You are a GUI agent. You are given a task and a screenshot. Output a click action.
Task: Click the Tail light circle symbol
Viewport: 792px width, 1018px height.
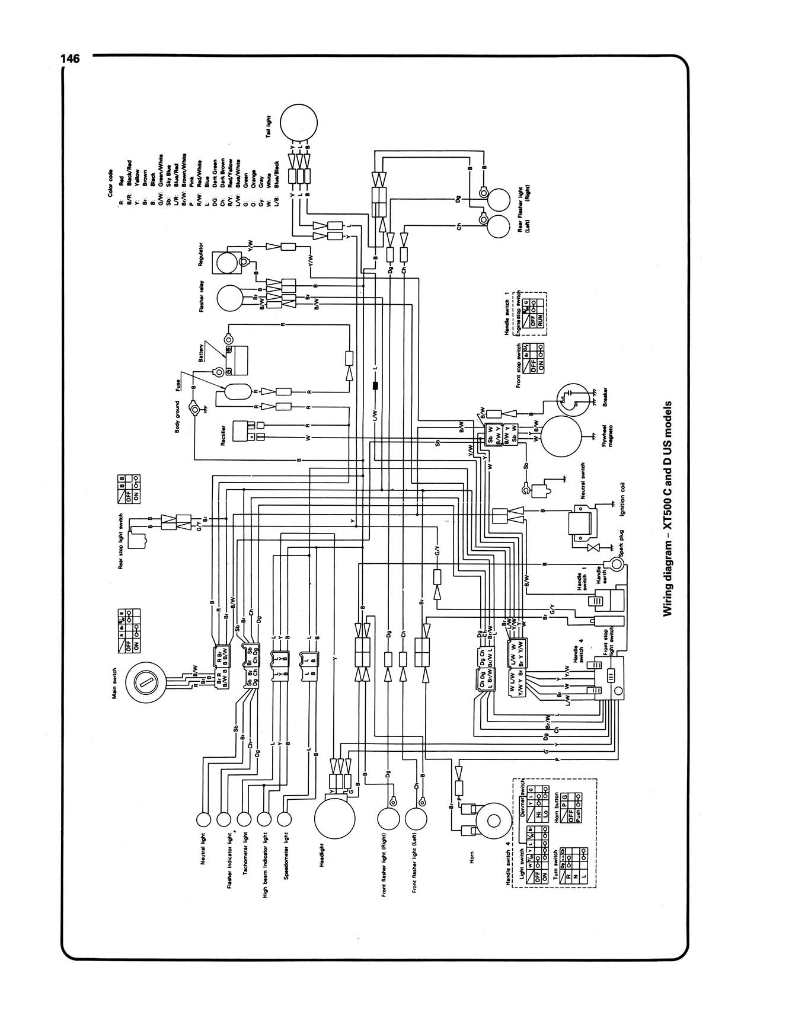[299, 122]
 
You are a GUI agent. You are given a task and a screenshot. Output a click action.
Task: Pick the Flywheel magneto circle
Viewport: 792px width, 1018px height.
[563, 436]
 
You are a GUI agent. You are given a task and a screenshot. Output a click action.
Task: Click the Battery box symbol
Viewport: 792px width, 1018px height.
[240, 359]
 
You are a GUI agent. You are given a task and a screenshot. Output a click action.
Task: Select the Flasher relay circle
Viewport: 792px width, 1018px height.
[232, 298]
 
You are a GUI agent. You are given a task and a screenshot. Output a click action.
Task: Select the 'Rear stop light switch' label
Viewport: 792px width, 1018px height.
[121, 541]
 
